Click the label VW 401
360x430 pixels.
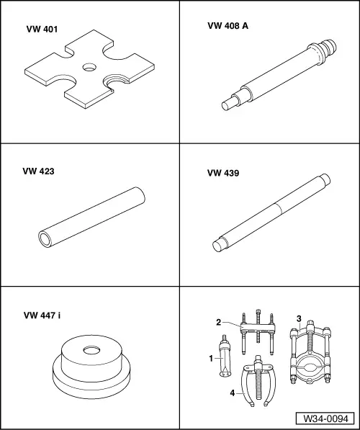[42, 29]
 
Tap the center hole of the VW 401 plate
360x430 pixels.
[90, 67]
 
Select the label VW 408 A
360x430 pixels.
[228, 26]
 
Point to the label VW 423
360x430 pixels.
[38, 171]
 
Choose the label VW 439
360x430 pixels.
[223, 173]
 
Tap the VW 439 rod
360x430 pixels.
[271, 212]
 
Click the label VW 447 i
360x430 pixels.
[42, 315]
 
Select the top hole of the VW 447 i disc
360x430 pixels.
[91, 350]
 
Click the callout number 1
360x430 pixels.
[211, 359]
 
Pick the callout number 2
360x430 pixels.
[219, 322]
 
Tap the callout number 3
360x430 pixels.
[299, 318]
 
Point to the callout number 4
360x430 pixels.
[233, 393]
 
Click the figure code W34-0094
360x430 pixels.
[325, 418]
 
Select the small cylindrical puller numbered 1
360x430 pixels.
[225, 356]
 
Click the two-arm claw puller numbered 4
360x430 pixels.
[258, 381]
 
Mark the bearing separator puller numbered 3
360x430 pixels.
[310, 353]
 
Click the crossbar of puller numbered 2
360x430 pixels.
[258, 327]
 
